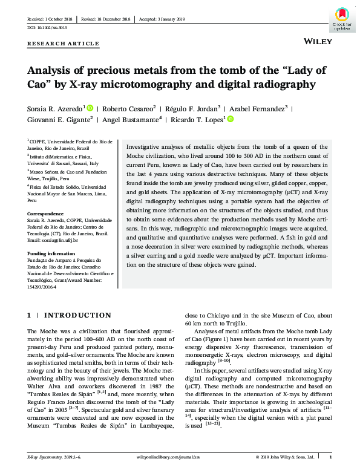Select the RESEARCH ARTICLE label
pyautogui.click(x=64, y=44)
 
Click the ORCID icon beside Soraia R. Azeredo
pyautogui.click(x=90, y=108)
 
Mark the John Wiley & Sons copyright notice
pyautogui.click(x=284, y=457)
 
